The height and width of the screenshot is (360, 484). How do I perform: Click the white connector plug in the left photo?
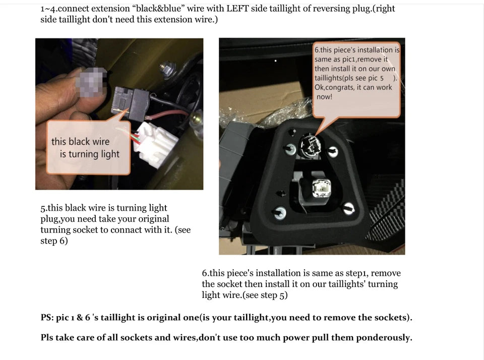(155, 144)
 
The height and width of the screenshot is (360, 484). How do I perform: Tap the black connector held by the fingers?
(130, 102)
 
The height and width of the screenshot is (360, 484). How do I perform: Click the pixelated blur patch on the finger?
(91, 81)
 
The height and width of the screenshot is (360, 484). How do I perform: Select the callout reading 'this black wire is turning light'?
(88, 148)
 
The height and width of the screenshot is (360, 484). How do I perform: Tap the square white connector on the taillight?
(321, 188)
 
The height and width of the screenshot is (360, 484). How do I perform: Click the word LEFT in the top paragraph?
(237, 9)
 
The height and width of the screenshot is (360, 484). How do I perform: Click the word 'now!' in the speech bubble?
(324, 97)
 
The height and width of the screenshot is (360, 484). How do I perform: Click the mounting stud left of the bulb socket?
(290, 149)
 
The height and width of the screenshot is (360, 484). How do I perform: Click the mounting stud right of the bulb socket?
(332, 151)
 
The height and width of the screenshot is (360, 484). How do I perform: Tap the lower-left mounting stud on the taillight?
(280, 213)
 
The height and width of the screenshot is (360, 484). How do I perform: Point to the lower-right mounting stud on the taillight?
(349, 208)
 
